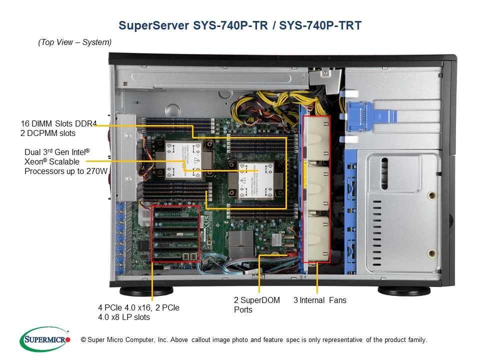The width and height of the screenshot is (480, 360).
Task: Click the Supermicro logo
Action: pyautogui.click(x=44, y=340)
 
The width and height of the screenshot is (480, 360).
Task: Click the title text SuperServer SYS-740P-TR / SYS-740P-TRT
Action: pyautogui.click(x=239, y=25)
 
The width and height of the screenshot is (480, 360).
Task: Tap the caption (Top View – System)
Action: pyautogui.click(x=75, y=42)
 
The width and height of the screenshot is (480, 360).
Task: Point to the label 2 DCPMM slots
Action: pyautogui.click(x=48, y=133)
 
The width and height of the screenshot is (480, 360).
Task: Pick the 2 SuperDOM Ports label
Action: pyautogui.click(x=256, y=304)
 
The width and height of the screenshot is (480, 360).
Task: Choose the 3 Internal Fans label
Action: pyautogui.click(x=319, y=300)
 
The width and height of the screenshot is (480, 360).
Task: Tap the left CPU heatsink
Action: pyautogui.click(x=183, y=158)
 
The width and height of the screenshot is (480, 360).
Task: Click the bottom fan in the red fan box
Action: pyautogui.click(x=317, y=238)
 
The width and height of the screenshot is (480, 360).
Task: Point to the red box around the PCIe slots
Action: pyautogui.click(x=175, y=233)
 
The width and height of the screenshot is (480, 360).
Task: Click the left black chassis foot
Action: pyautogui.click(x=146, y=290)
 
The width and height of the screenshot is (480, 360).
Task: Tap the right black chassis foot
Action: pyautogui.click(x=404, y=290)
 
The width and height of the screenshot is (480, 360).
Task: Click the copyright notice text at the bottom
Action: pyautogui.click(x=254, y=340)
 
